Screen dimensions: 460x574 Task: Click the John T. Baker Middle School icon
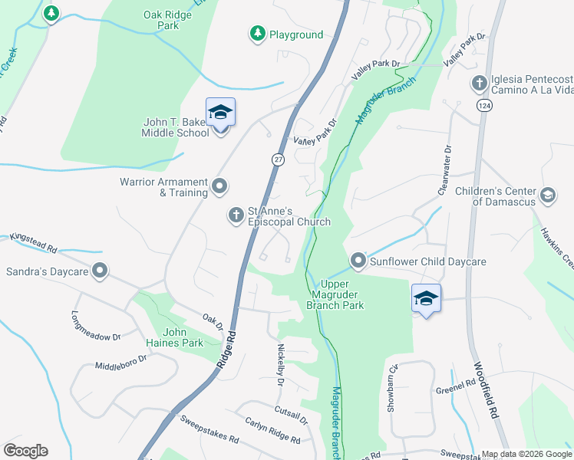(220, 113)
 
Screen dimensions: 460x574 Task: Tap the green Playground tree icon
(257, 34)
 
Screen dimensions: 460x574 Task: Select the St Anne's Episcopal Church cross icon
(236, 215)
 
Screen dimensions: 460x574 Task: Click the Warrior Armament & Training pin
(220, 186)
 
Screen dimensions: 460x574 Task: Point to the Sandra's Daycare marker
(100, 271)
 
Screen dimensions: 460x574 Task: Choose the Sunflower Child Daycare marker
(358, 261)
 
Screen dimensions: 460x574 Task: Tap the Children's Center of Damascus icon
(548, 195)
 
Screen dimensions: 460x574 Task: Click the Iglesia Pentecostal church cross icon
(479, 83)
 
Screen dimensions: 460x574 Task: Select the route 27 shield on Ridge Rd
(277, 159)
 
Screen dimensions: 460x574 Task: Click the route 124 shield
(483, 104)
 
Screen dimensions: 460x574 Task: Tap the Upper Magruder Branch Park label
(335, 294)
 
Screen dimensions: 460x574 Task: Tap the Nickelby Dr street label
(281, 363)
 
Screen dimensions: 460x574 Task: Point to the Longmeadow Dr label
(96, 326)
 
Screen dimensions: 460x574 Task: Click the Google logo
(25, 451)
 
